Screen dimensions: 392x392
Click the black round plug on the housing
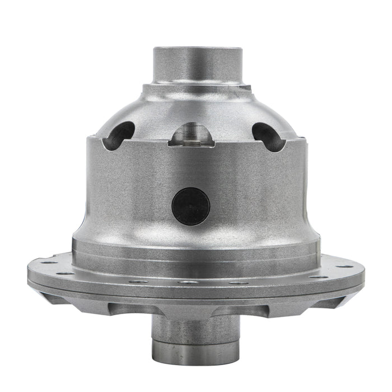tap(191, 206)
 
